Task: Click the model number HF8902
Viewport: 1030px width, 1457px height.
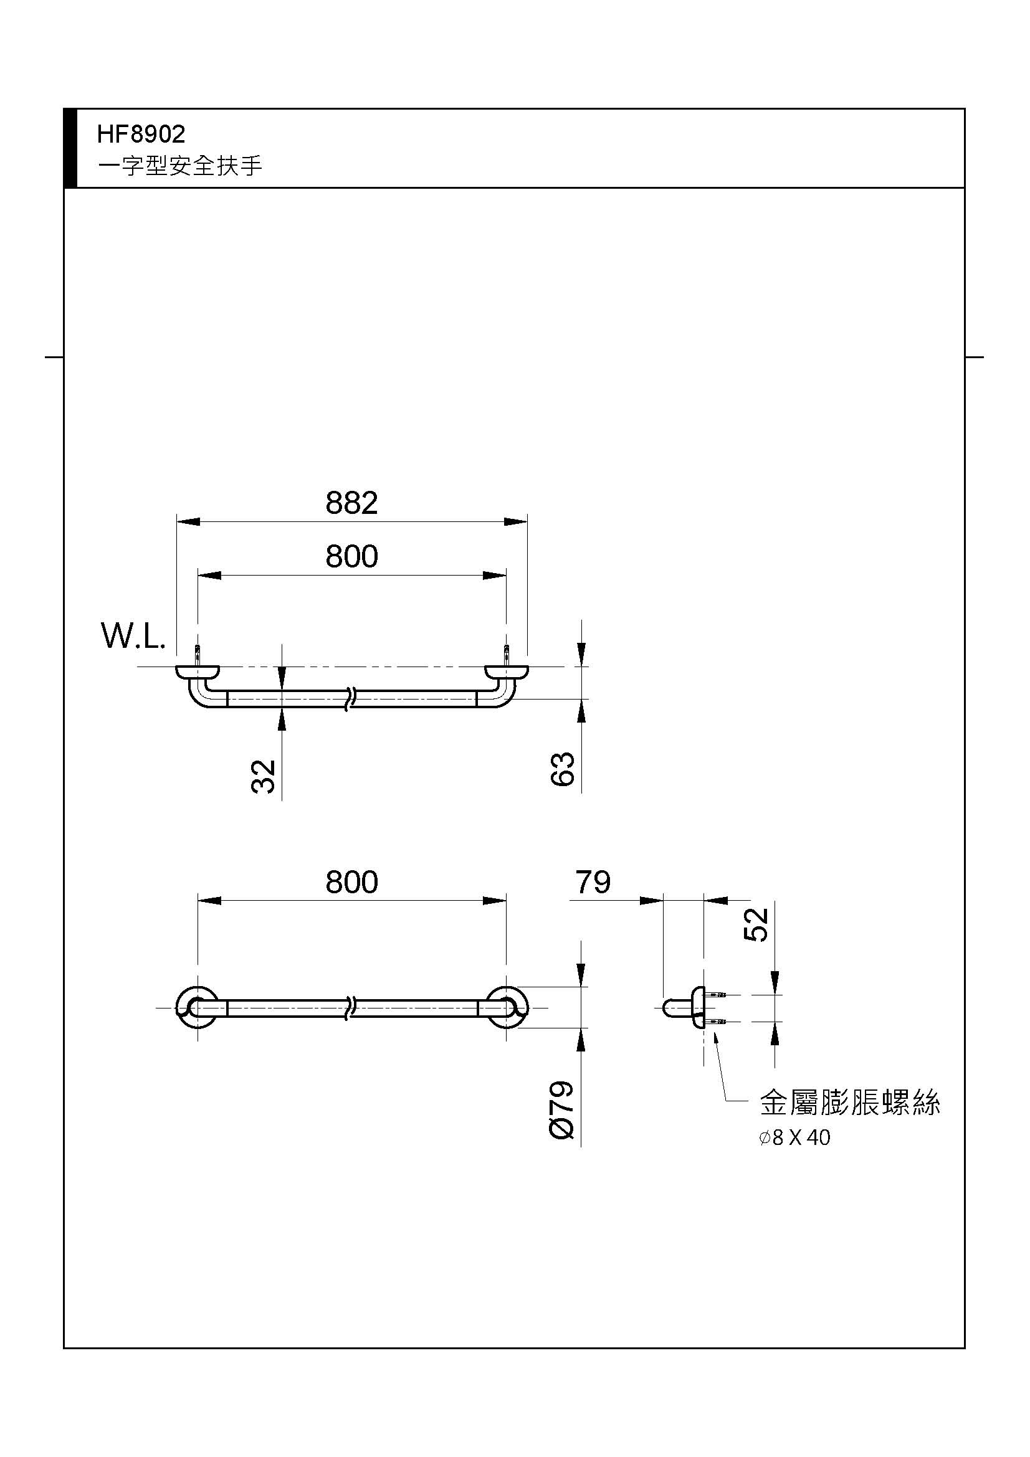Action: point(141,134)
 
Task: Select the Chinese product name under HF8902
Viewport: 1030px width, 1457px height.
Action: point(180,166)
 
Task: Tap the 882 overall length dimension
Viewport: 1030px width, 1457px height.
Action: point(351,503)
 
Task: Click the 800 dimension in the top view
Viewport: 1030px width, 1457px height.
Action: point(351,556)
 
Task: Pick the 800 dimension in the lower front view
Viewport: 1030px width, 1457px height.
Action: point(351,882)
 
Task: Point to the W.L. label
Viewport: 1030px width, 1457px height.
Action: point(133,637)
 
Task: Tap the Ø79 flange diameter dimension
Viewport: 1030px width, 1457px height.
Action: point(561,1110)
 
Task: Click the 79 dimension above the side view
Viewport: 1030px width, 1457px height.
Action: point(593,882)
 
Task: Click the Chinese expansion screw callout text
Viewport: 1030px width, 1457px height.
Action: point(850,1103)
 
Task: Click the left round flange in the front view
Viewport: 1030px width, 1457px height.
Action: point(198,1007)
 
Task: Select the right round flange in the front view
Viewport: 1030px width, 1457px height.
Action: point(507,1007)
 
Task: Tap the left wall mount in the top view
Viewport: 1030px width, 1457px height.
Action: point(198,672)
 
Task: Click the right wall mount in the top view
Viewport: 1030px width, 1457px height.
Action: point(506,672)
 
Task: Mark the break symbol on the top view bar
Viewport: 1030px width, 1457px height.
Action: point(350,699)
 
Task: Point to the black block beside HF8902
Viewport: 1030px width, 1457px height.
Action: point(70,148)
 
